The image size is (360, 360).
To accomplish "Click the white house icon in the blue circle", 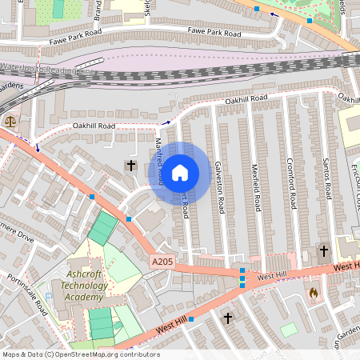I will [180, 173].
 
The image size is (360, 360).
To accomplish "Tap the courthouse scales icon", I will [10, 122].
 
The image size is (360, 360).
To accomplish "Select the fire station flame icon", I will [313, 294].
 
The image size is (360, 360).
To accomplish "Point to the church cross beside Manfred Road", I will [130, 166].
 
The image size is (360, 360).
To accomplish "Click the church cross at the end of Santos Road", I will [324, 250].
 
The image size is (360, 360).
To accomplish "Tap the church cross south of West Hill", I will [228, 318].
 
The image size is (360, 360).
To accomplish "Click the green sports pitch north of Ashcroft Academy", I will [102, 229].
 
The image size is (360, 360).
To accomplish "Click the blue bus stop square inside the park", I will [309, 20].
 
